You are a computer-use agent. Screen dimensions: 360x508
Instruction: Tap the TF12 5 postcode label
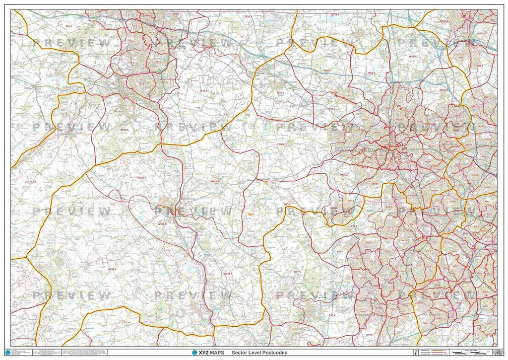[124, 130]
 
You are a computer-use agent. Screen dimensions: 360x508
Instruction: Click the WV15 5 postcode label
[215, 182]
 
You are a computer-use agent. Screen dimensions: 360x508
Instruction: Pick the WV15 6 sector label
[228, 274]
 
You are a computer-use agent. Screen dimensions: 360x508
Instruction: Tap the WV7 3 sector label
[281, 92]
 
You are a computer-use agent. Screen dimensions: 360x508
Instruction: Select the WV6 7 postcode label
[281, 144]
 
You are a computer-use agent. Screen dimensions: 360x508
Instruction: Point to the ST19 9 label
[335, 15]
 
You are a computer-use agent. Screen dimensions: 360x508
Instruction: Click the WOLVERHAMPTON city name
[365, 148]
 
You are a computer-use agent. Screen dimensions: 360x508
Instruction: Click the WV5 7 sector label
[287, 205]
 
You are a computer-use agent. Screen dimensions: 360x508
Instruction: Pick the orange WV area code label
[251, 215]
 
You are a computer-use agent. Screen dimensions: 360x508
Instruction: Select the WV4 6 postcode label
[344, 175]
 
